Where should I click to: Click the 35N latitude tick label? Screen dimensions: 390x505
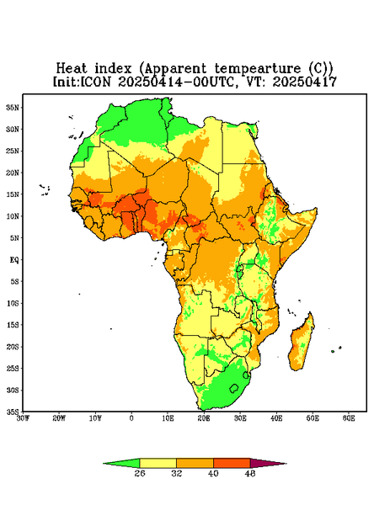pos(13,108)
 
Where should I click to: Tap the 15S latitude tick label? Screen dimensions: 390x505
pos(13,325)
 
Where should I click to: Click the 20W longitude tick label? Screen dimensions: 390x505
pos(59,418)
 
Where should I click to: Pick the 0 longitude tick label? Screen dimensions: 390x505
pos(131,418)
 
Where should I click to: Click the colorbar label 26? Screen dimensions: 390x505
pos(140,473)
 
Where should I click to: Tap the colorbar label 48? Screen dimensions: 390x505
pos(250,473)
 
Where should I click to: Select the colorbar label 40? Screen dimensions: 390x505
pos(213,473)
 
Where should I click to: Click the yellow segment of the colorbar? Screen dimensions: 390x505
pos(158,463)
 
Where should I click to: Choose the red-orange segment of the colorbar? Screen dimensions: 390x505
pos(232,463)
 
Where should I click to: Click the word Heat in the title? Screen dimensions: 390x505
pos(72,69)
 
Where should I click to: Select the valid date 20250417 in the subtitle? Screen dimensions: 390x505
pos(305,82)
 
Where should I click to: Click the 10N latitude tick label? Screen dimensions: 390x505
pos(13,216)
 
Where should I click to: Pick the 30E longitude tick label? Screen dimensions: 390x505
pos(240,418)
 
